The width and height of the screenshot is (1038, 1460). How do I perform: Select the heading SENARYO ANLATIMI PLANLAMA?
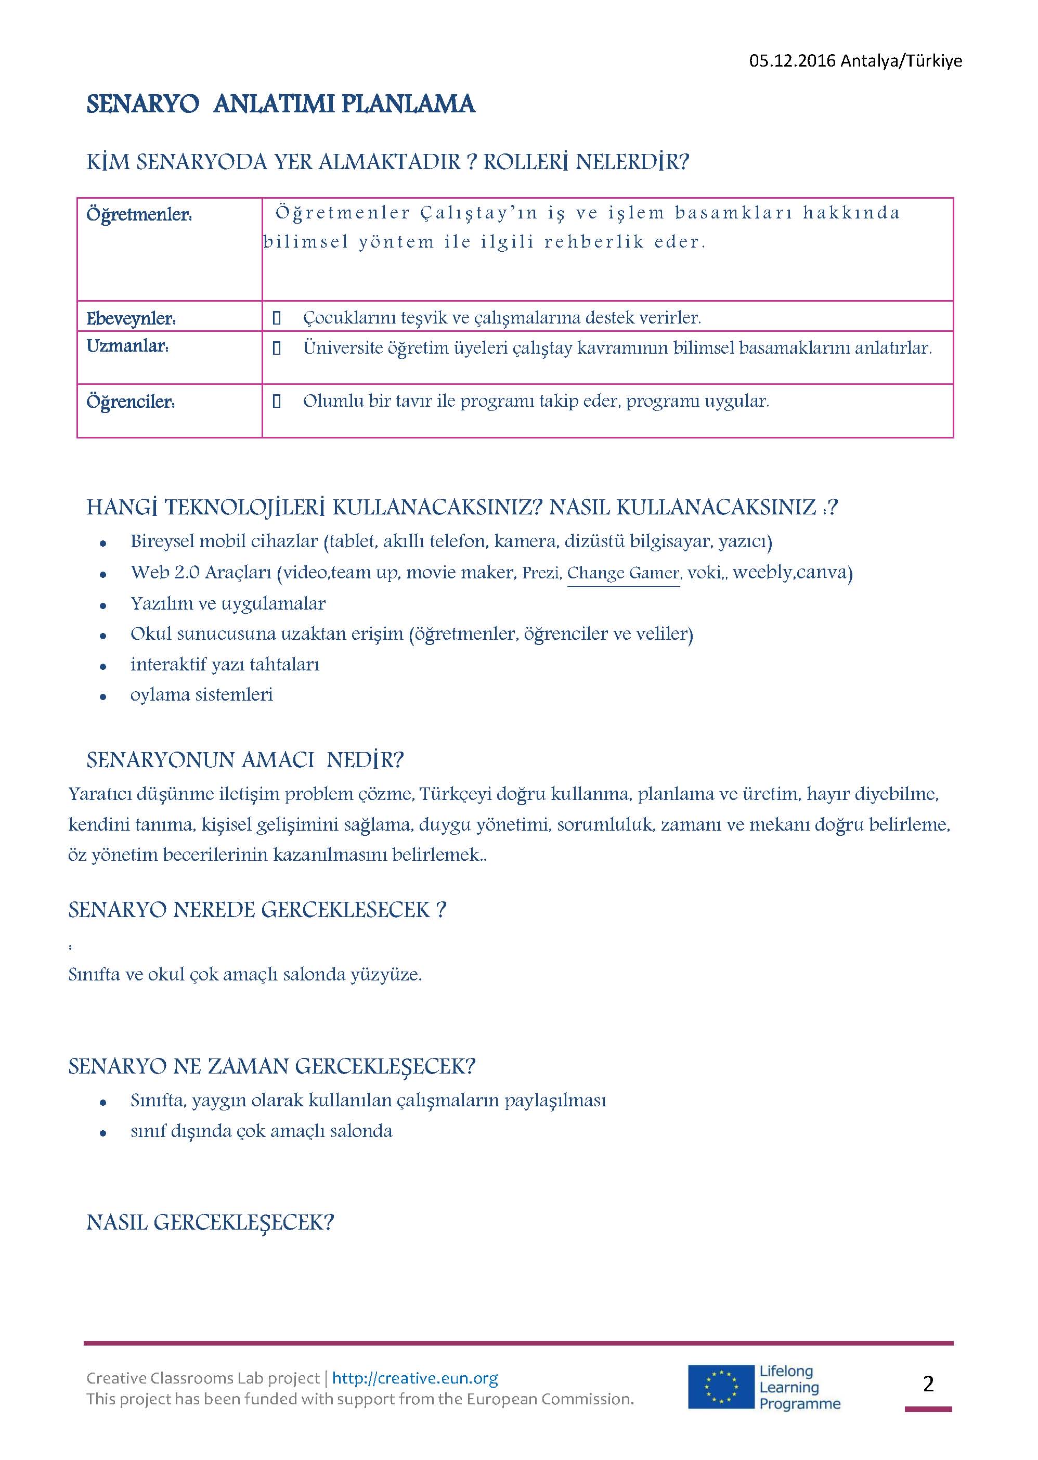pyautogui.click(x=281, y=104)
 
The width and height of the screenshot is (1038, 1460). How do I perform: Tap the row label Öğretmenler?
pyautogui.click(x=139, y=215)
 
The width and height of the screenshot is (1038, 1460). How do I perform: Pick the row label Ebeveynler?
pyautogui.click(x=131, y=318)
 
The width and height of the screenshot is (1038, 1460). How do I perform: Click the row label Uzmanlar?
pyautogui.click(x=128, y=346)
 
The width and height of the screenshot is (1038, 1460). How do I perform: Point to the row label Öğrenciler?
pyautogui.click(x=131, y=402)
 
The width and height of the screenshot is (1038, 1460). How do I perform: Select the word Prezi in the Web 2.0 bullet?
pyautogui.click(x=541, y=573)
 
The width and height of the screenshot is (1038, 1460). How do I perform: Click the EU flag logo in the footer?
pyautogui.click(x=720, y=1387)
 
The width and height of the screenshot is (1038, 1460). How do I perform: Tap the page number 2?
pyautogui.click(x=928, y=1384)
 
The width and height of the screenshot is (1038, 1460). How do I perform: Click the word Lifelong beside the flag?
pyautogui.click(x=786, y=1371)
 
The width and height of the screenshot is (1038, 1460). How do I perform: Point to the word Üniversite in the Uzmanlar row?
pyautogui.click(x=343, y=348)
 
